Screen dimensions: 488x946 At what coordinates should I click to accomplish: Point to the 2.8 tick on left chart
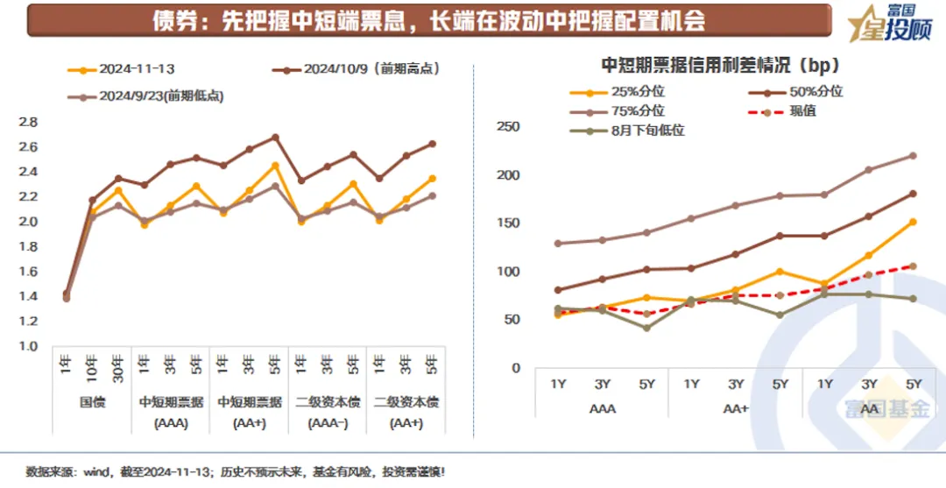coord(28,122)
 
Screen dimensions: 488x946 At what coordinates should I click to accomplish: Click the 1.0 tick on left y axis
coord(28,346)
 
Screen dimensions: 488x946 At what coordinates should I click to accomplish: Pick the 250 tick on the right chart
coord(508,127)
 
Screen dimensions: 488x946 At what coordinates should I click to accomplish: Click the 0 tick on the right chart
coord(516,368)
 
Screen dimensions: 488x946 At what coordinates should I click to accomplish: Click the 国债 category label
coord(91,403)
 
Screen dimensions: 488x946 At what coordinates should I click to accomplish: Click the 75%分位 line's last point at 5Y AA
coord(913,156)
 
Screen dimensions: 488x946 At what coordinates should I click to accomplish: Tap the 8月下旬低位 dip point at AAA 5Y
coord(646,328)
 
